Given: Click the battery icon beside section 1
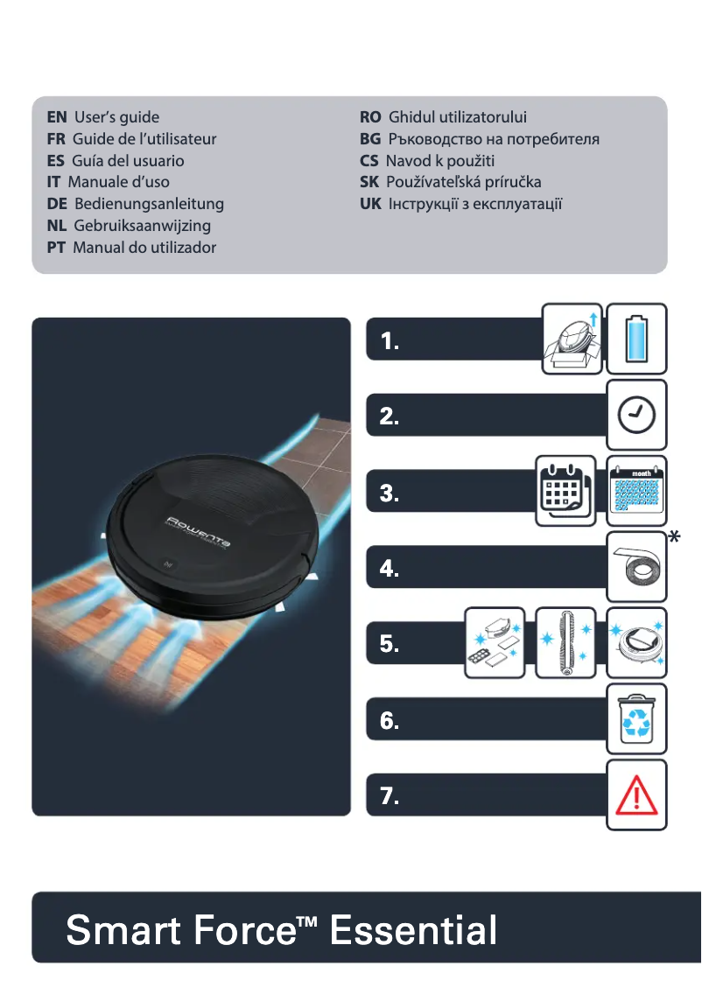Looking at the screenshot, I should [637, 339].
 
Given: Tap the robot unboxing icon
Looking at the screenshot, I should [572, 339].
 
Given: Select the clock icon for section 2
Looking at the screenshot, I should [637, 415].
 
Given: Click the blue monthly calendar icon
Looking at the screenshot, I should [637, 491].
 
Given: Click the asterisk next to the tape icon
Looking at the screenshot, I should [674, 538].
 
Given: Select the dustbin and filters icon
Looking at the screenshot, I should [494, 643].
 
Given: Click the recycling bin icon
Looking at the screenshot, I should [637, 719].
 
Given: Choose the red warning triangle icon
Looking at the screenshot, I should [637, 795].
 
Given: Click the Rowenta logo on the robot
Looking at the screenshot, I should [199, 532].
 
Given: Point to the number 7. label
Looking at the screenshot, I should [390, 796].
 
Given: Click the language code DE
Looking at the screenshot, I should [58, 204].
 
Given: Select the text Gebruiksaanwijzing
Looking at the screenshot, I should [142, 226].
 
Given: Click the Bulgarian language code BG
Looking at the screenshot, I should [369, 139].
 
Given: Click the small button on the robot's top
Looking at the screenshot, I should [168, 564].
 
